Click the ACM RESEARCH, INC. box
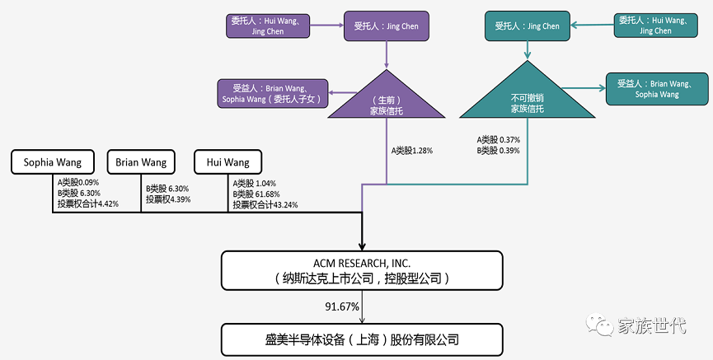[362, 270]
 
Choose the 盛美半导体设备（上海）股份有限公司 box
[362, 339]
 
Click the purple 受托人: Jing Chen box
[387, 26]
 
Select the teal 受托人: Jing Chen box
[527, 26]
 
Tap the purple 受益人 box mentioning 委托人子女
[273, 92]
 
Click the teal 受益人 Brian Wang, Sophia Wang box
[656, 89]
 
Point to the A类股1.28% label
[411, 151]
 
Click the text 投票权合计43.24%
[265, 204]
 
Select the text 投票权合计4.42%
[88, 203]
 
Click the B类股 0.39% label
[498, 151]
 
